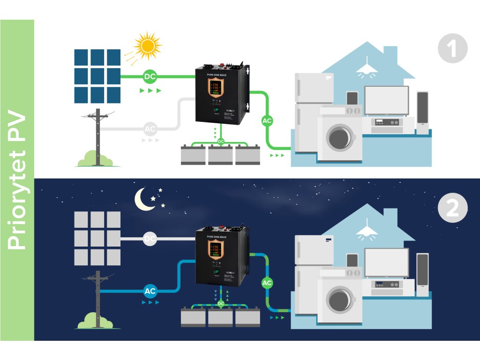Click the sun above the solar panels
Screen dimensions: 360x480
148,45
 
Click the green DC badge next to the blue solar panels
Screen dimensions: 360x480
150,76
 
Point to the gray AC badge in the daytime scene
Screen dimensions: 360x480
150,128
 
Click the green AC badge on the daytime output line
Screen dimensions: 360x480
267,121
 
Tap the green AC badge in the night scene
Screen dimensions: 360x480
267,283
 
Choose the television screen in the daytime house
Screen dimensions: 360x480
387,99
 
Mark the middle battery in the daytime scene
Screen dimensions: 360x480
220,155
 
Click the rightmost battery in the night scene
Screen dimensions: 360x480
247,317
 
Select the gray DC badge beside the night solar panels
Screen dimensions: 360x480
150,239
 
